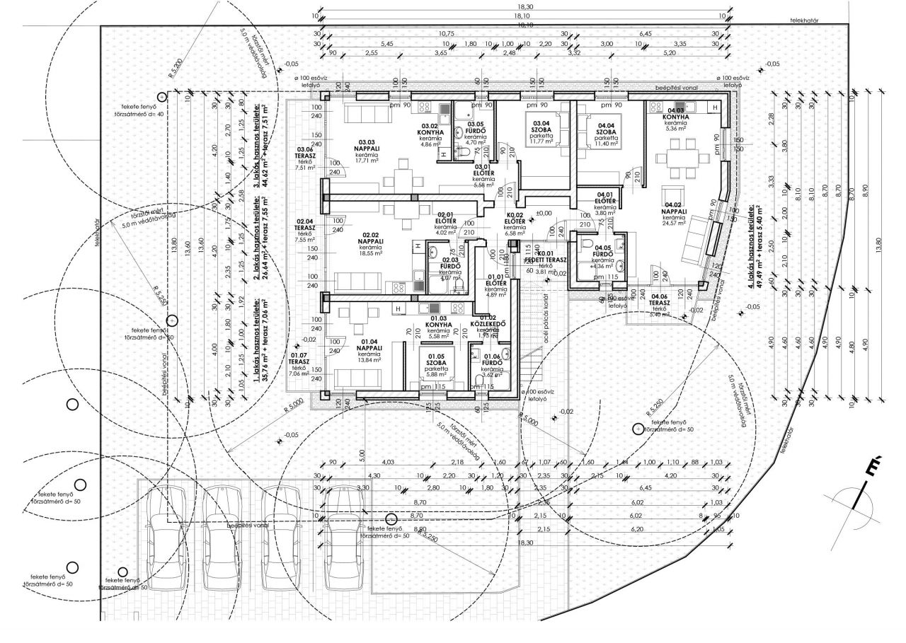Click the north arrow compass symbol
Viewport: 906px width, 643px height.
click(x=859, y=495)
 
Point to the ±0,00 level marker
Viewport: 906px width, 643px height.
click(x=544, y=213)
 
